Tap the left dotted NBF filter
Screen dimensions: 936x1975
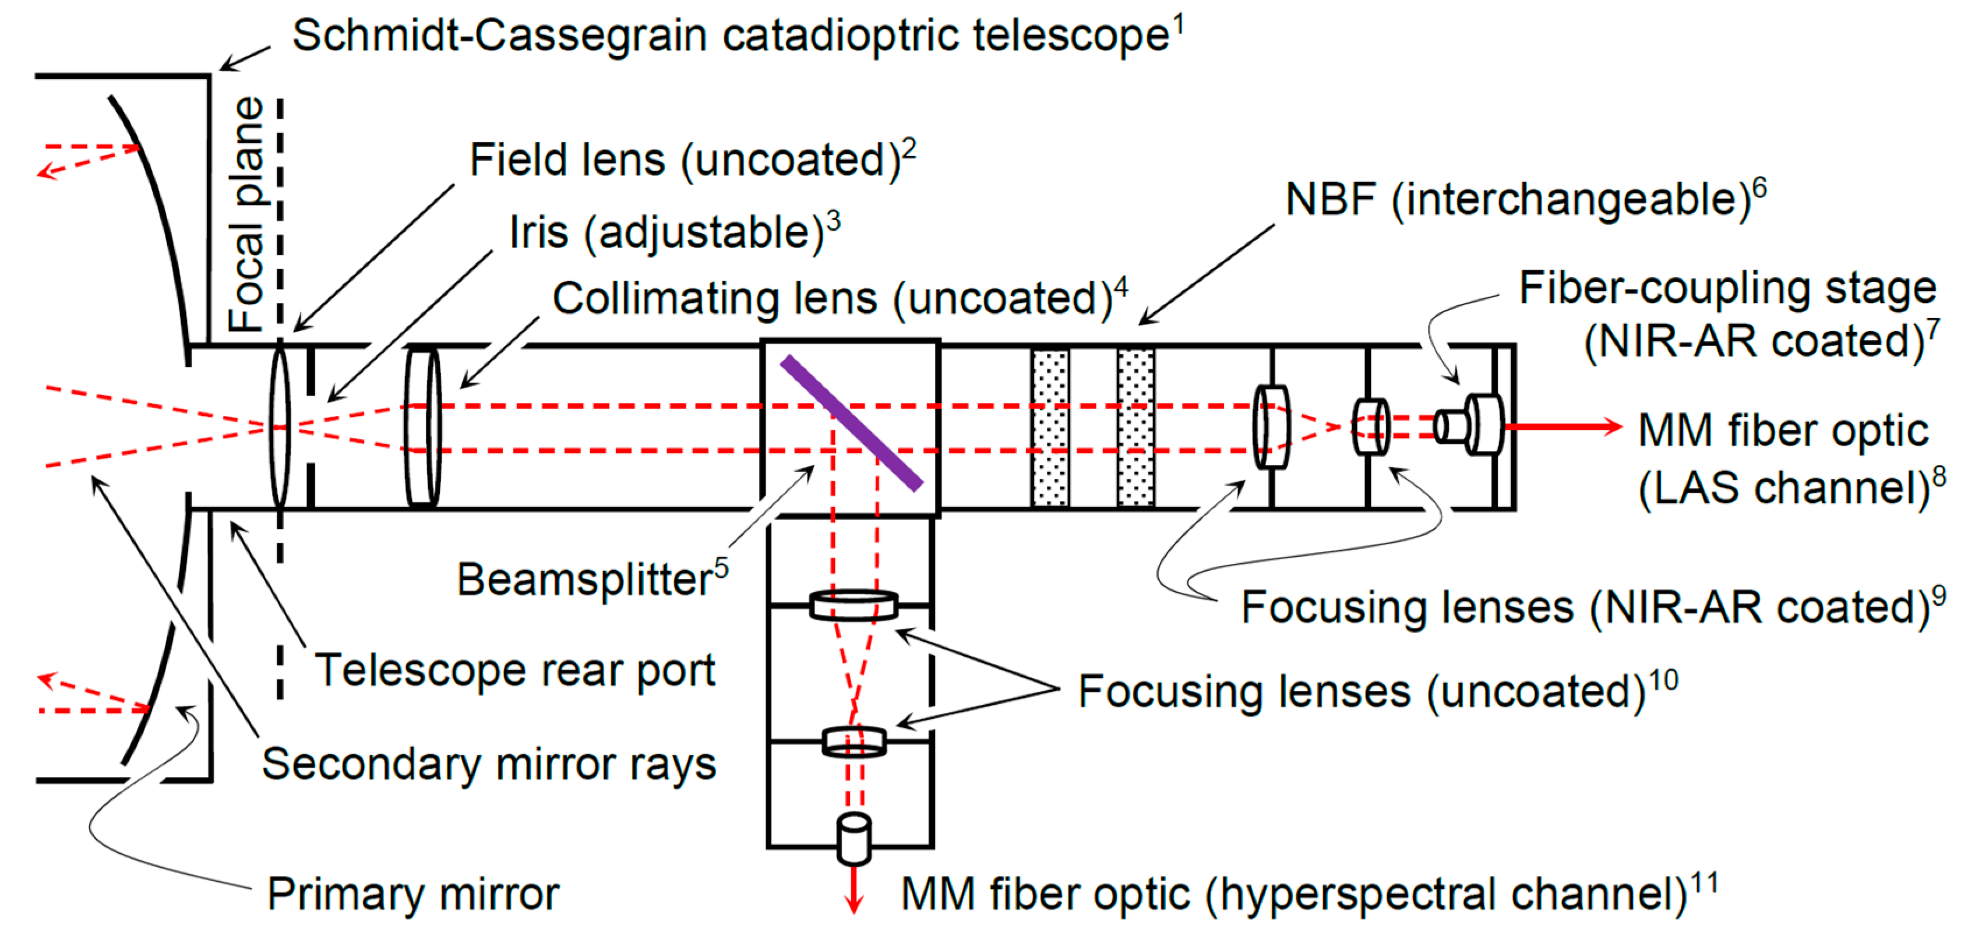point(1050,428)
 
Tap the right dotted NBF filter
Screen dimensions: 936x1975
point(1135,428)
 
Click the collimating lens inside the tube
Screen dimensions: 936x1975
point(422,427)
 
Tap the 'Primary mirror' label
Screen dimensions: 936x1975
point(413,894)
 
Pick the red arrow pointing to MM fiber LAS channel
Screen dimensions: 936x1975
point(1564,426)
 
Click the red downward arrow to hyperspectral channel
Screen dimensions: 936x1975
point(854,889)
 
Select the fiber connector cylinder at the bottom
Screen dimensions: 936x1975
point(854,838)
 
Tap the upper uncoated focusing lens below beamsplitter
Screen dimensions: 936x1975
point(854,605)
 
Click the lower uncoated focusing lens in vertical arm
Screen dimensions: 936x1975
point(854,741)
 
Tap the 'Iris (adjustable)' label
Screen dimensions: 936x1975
point(666,232)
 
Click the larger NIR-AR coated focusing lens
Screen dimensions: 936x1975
point(1271,426)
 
